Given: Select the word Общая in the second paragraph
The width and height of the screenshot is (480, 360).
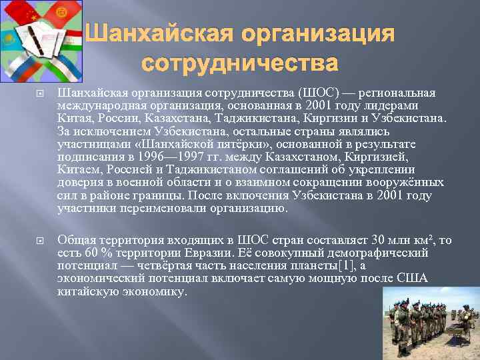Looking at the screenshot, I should [x=75, y=240].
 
